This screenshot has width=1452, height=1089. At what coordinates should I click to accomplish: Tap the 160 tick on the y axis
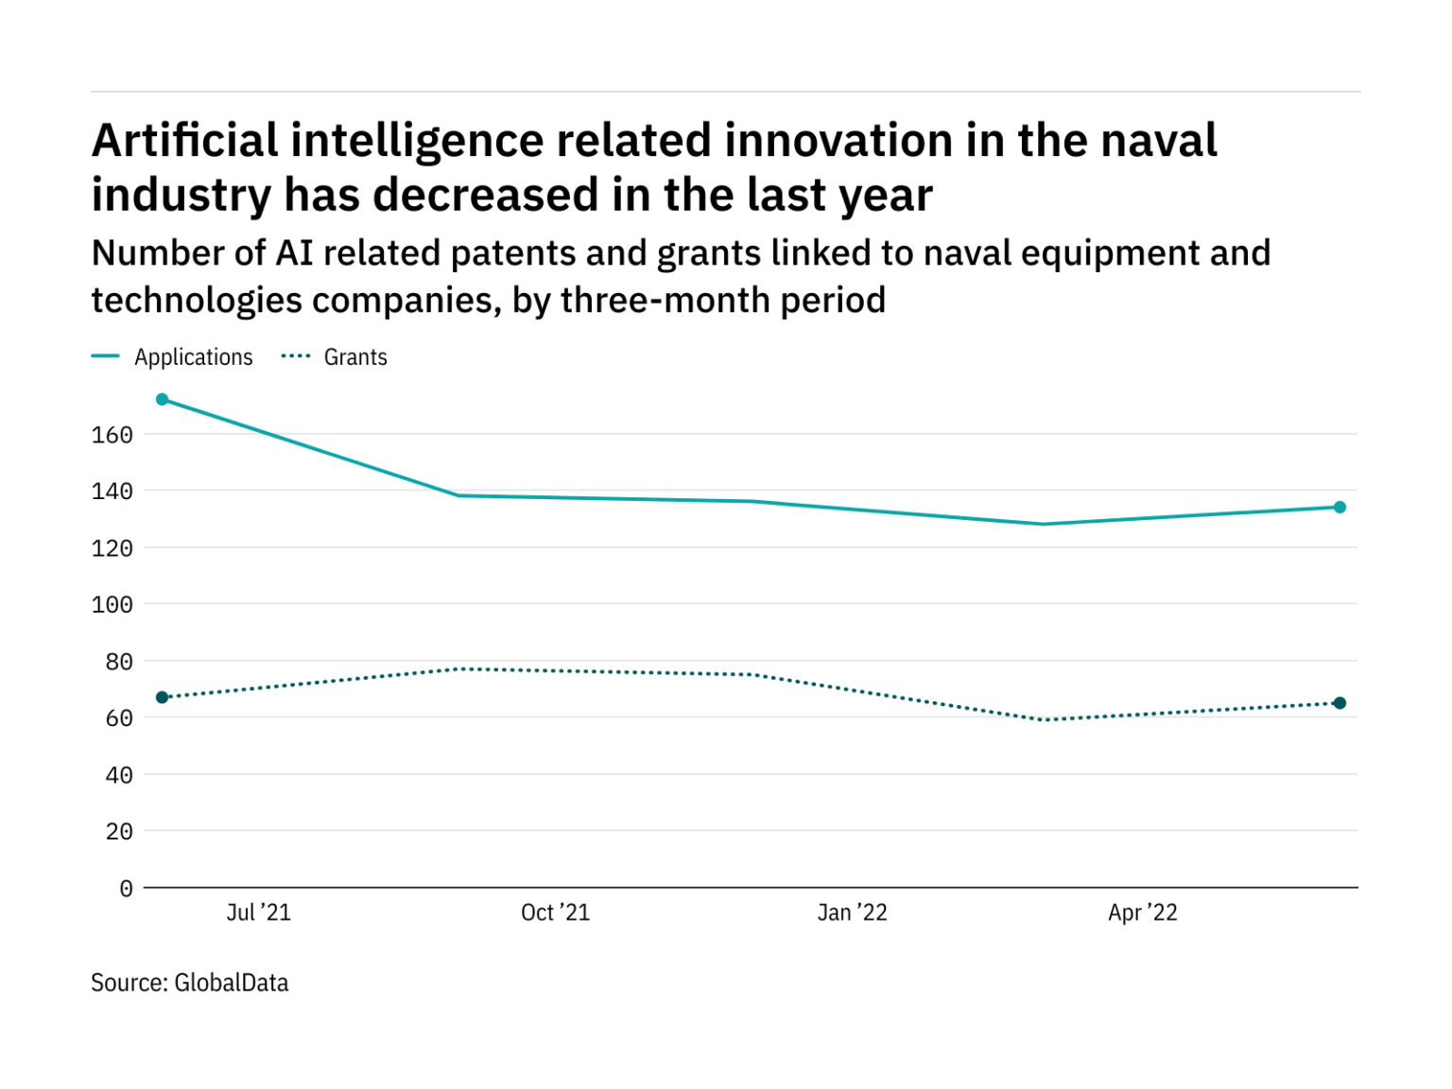112,435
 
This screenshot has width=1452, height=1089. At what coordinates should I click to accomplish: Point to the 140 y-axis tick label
112,492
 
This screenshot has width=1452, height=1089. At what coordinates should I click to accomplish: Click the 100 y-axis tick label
112,605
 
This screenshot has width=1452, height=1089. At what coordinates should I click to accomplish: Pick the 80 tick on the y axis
118,662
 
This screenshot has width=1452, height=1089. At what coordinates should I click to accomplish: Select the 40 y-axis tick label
118,775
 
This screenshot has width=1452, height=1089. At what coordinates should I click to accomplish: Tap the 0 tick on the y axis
126,889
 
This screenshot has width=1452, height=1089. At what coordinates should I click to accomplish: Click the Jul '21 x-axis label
258,912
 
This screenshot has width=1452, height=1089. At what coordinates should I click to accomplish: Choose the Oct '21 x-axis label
555,912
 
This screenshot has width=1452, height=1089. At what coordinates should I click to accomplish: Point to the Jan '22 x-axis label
852,912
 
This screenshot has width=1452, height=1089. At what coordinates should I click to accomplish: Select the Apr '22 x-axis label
1142,912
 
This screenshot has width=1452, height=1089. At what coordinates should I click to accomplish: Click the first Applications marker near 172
163,400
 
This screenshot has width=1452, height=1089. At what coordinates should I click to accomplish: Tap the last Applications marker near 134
1340,508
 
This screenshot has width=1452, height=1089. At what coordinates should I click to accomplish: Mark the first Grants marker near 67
163,698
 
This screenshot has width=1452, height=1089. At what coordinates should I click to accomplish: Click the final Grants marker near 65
1340,703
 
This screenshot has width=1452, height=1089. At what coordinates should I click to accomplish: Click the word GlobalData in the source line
232,983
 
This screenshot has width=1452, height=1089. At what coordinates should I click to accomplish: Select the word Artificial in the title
184,141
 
